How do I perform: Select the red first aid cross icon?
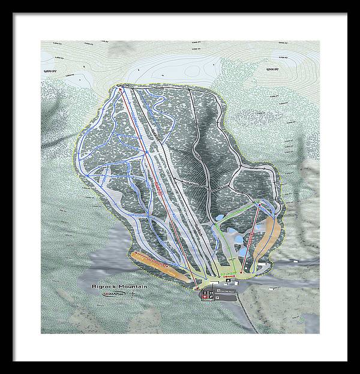[x=205, y=296]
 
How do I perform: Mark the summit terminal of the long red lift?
[x=120, y=90]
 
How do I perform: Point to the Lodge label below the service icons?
[x=211, y=301]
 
